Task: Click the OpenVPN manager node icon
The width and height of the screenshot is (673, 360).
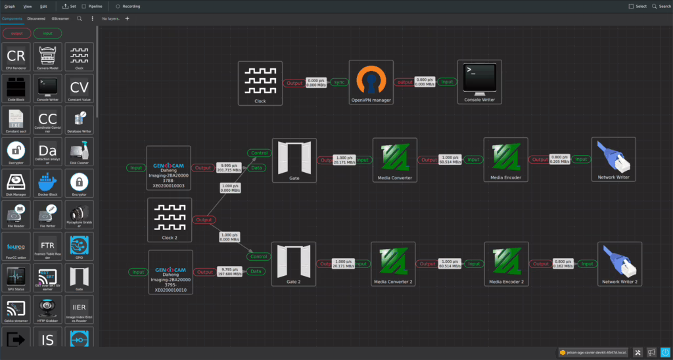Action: [371, 79]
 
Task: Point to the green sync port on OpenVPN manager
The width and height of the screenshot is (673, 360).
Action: [339, 83]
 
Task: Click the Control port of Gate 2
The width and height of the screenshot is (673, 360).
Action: [259, 257]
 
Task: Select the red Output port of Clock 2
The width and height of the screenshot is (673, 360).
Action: [204, 219]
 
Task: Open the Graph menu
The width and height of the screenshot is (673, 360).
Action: [10, 6]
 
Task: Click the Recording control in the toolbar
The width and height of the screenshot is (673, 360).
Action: [128, 6]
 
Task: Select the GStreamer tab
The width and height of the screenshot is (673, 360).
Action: [60, 18]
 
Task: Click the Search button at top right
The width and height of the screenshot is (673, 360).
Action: [661, 6]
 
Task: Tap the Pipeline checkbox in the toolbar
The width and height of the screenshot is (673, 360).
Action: [84, 6]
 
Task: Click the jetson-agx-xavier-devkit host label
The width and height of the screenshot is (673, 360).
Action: [592, 352]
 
